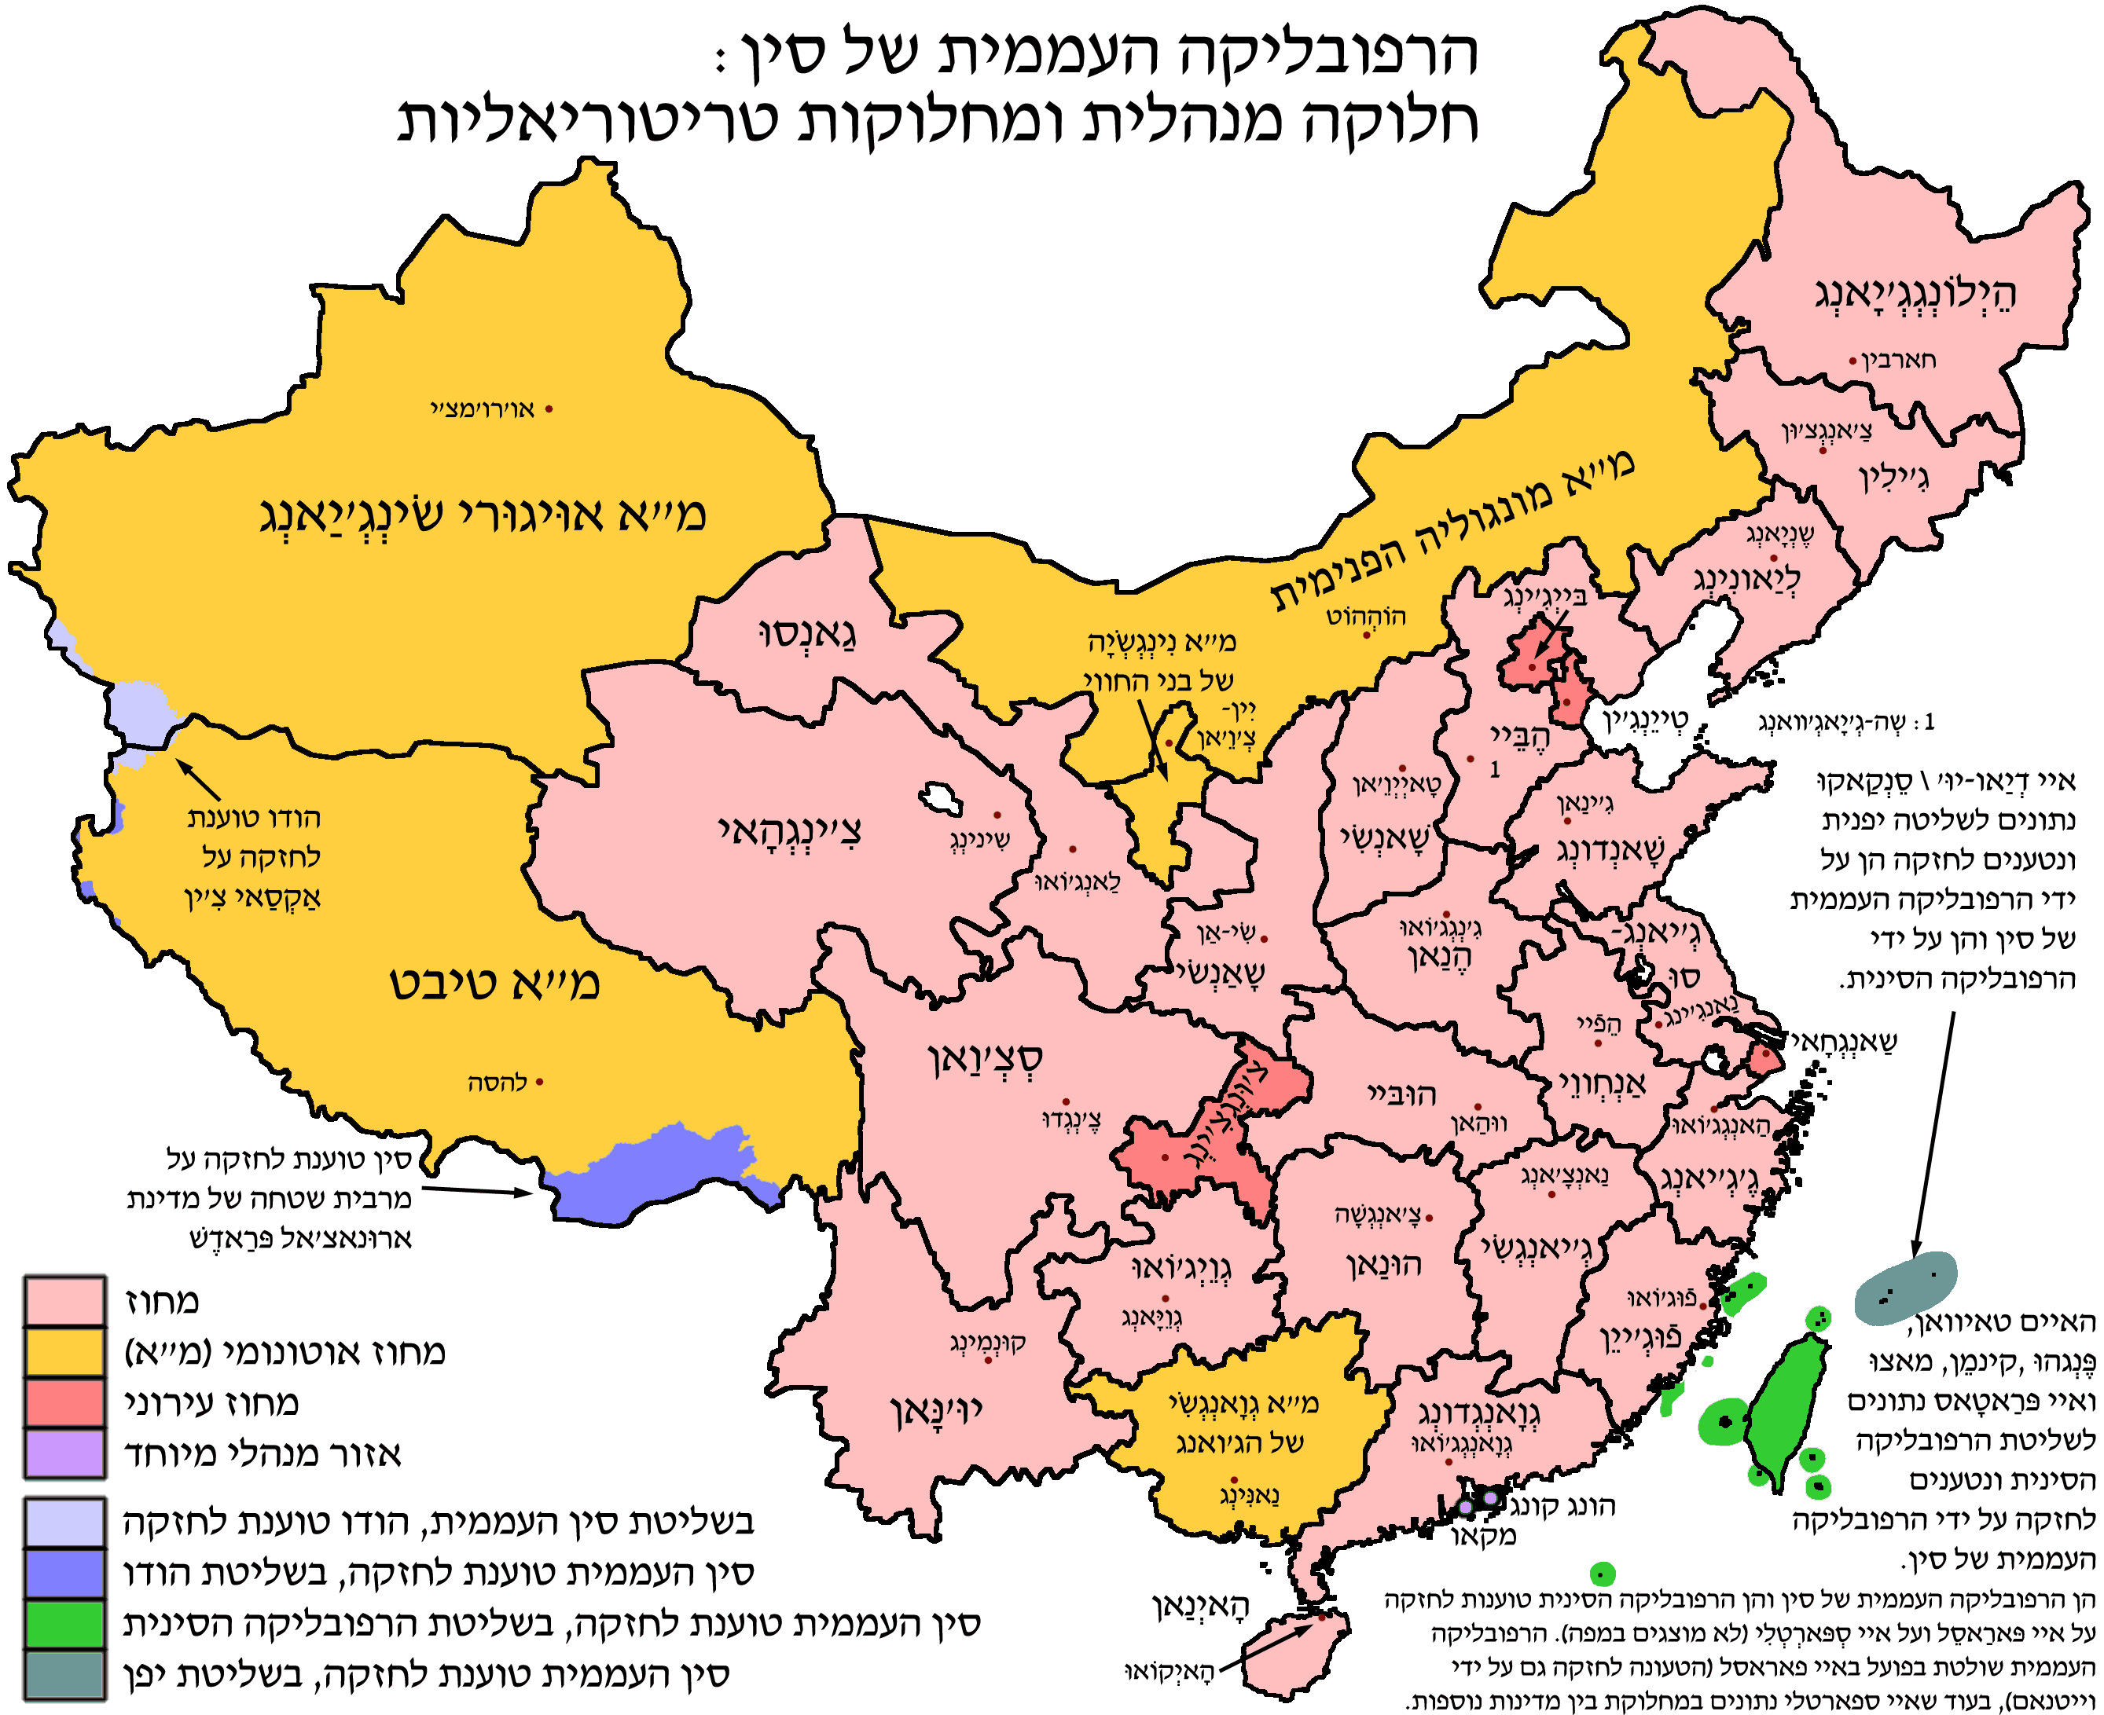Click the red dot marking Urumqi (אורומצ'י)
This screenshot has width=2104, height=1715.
point(549,408)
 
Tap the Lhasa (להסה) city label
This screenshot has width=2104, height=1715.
point(497,1083)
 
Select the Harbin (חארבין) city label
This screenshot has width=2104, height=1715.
point(1898,360)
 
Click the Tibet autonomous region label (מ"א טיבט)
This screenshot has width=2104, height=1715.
point(494,983)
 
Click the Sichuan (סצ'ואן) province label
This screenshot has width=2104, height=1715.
point(986,1059)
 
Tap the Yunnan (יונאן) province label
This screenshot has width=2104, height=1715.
point(936,1411)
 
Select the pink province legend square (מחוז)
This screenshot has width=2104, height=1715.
point(65,1300)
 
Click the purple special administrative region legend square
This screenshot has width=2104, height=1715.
point(65,1453)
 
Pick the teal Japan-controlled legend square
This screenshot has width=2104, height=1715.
point(65,1674)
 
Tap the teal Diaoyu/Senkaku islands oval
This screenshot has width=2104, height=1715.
point(1904,1288)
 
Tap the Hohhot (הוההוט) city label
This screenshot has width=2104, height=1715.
point(1366,617)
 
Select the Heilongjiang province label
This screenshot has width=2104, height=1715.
point(1915,293)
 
